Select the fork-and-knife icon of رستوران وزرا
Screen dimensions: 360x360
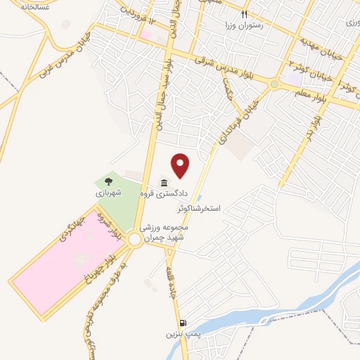point(245,13)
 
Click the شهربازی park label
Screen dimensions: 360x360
point(108,191)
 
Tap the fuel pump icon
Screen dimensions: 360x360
point(182,323)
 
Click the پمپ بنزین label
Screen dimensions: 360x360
point(178,335)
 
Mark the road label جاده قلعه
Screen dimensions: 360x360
point(169,271)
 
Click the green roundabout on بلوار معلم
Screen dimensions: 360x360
point(274,85)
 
